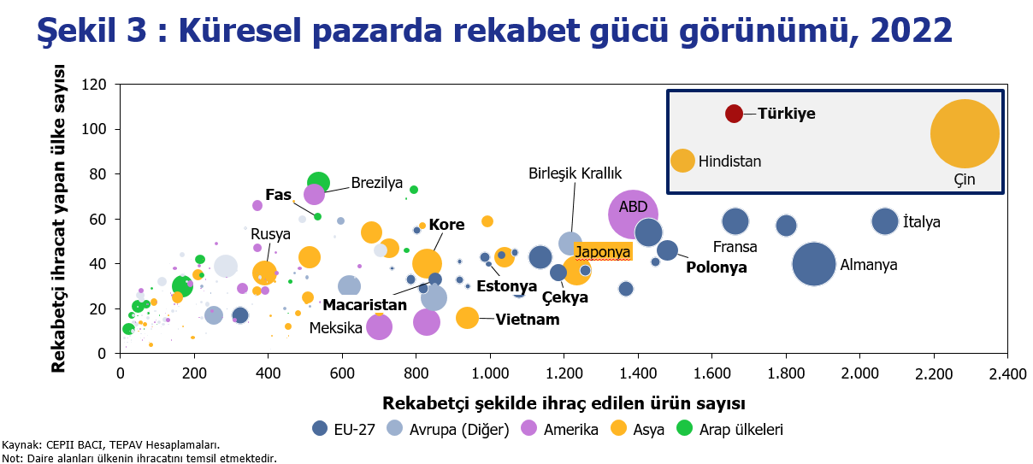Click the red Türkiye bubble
coord(734,114)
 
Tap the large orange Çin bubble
coord(965,133)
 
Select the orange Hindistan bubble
coord(682,161)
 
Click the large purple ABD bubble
coord(633,214)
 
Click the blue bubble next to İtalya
coord(885,221)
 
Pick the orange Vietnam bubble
coord(467,318)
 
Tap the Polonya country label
coord(717,267)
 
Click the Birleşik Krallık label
coord(575,173)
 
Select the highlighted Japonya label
coord(602,252)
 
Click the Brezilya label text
coord(377,183)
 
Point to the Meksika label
coord(335,328)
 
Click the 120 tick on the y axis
coord(93,85)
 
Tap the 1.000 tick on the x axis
coord(490,373)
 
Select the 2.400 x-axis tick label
coord(1007,374)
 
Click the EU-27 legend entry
coord(344,430)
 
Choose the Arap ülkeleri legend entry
coord(729,430)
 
